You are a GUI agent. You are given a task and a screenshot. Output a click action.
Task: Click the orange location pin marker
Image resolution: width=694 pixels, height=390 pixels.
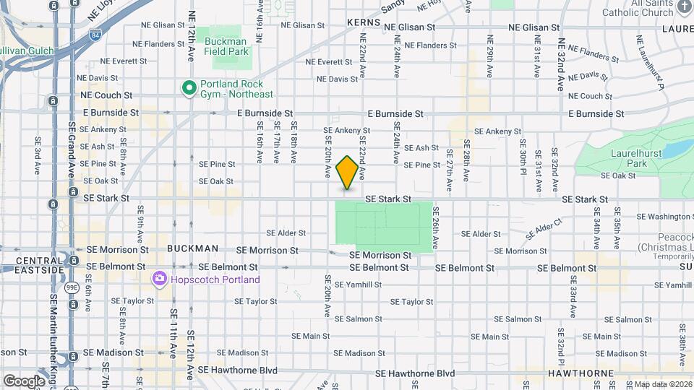pyautogui.click(x=347, y=172)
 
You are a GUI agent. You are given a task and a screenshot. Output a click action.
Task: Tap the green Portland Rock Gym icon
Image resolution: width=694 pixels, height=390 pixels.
pyautogui.click(x=189, y=88)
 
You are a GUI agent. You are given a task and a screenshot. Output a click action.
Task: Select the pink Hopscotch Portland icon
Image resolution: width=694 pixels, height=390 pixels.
pyautogui.click(x=159, y=279)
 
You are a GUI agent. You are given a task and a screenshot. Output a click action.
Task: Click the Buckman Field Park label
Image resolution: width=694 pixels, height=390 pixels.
pyautogui.click(x=226, y=46)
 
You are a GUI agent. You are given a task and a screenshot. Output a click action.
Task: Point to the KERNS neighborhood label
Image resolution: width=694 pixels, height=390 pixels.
pyautogui.click(x=363, y=23)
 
